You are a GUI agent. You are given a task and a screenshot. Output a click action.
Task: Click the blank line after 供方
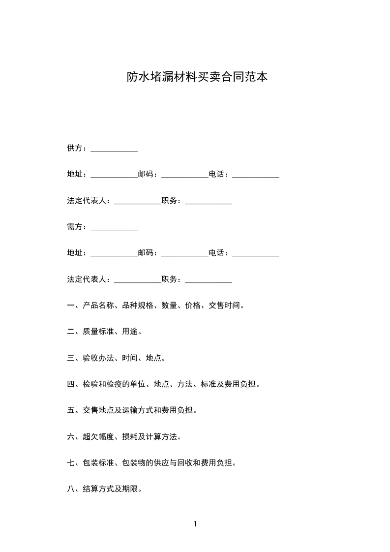coord(114,149)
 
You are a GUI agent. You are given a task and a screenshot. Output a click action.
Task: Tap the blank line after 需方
coord(114,228)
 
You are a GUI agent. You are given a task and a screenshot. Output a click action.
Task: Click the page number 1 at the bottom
coord(195,524)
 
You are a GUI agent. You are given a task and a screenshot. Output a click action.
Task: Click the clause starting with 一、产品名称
coord(156,306)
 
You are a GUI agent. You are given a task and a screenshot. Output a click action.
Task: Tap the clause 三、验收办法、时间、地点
coord(117,358)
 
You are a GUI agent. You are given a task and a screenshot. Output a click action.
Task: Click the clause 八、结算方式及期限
coord(105,489)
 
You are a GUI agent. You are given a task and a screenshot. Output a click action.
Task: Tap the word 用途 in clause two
coord(130,332)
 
